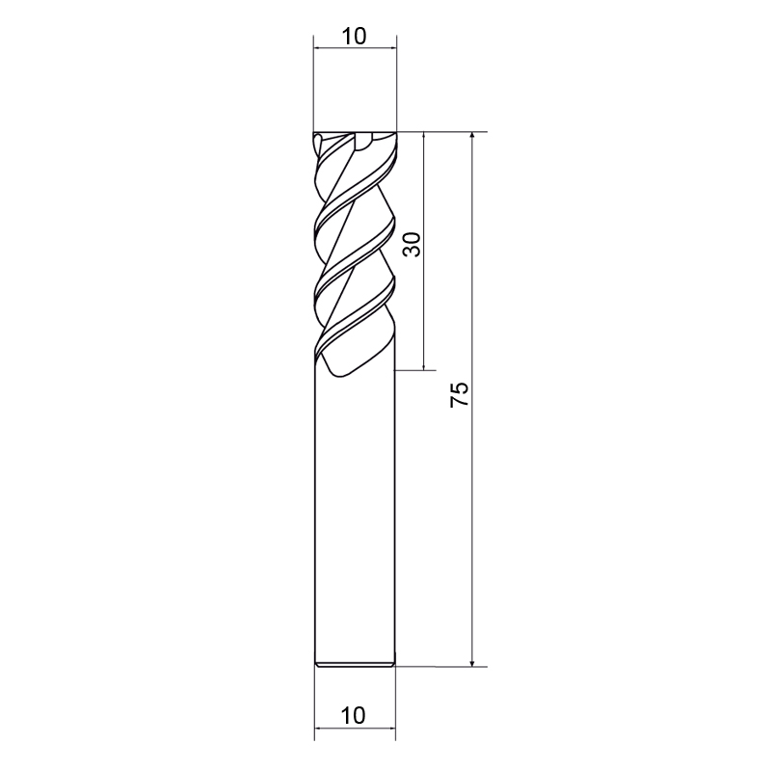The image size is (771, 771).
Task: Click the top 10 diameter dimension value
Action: tap(354, 36)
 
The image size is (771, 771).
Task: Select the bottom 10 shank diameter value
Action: tap(353, 715)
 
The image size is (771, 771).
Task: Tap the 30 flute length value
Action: tap(412, 245)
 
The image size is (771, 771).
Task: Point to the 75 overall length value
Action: tap(460, 394)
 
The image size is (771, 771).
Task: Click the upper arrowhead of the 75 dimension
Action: tap(472, 137)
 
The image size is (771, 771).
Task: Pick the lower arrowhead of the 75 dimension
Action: tap(472, 661)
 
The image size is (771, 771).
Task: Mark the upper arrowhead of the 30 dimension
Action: tap(424, 137)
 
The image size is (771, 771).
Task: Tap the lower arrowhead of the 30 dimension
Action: tap(424, 364)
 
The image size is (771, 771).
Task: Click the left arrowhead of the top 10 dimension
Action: tap(320, 48)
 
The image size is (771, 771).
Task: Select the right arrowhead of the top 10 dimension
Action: tap(391, 48)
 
